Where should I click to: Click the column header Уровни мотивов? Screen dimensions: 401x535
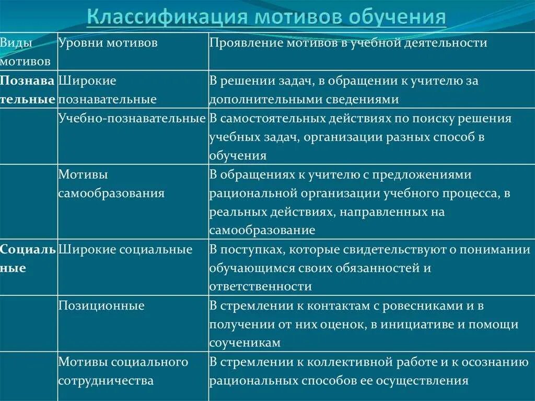coord(108,43)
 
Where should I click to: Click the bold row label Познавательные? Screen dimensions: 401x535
coord(28,90)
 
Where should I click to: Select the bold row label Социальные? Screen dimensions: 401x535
coord(28,259)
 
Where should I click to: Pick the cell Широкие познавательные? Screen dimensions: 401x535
coord(107,90)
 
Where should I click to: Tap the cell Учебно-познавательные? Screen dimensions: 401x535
coord(132,119)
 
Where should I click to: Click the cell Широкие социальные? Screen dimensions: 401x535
coord(125,250)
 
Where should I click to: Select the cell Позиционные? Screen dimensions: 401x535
coord(101,306)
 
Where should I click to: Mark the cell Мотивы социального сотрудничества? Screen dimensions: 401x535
coord(123,371)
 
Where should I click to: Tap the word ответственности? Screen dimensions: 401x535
coord(261,287)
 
